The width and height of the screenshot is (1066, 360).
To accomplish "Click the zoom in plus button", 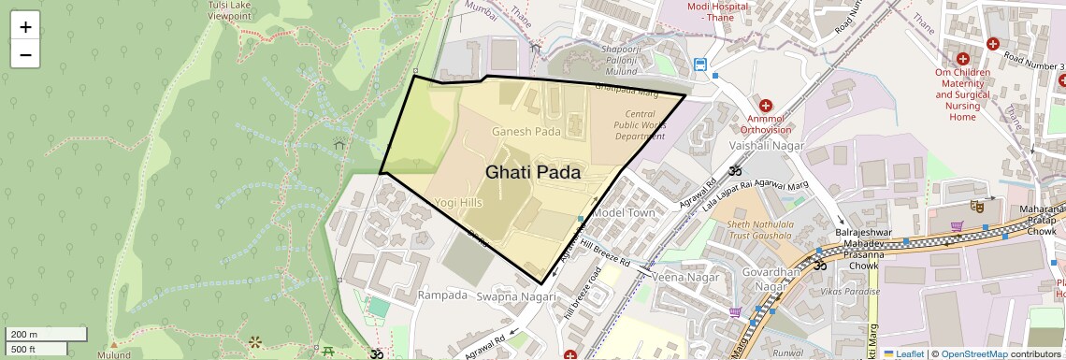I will (25, 27).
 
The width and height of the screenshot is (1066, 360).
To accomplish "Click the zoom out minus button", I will (25, 54).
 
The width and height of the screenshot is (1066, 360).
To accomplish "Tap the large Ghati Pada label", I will (532, 173).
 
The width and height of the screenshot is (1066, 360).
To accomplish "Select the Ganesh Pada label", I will (526, 132).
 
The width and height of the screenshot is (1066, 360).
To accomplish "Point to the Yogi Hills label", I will (458, 203).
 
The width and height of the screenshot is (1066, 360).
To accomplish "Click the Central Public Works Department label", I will (641, 124).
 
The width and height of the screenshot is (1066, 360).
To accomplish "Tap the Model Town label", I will (625, 213).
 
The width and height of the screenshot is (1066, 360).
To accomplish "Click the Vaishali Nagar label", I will (766, 148).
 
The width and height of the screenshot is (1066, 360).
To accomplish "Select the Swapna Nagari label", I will (516, 296).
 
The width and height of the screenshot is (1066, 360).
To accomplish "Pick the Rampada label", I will (442, 295).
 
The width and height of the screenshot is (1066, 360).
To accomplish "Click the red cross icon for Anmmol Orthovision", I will (766, 106).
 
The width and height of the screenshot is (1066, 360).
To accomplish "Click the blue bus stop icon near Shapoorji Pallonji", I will (700, 65).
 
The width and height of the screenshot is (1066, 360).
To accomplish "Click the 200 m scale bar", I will (47, 334).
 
